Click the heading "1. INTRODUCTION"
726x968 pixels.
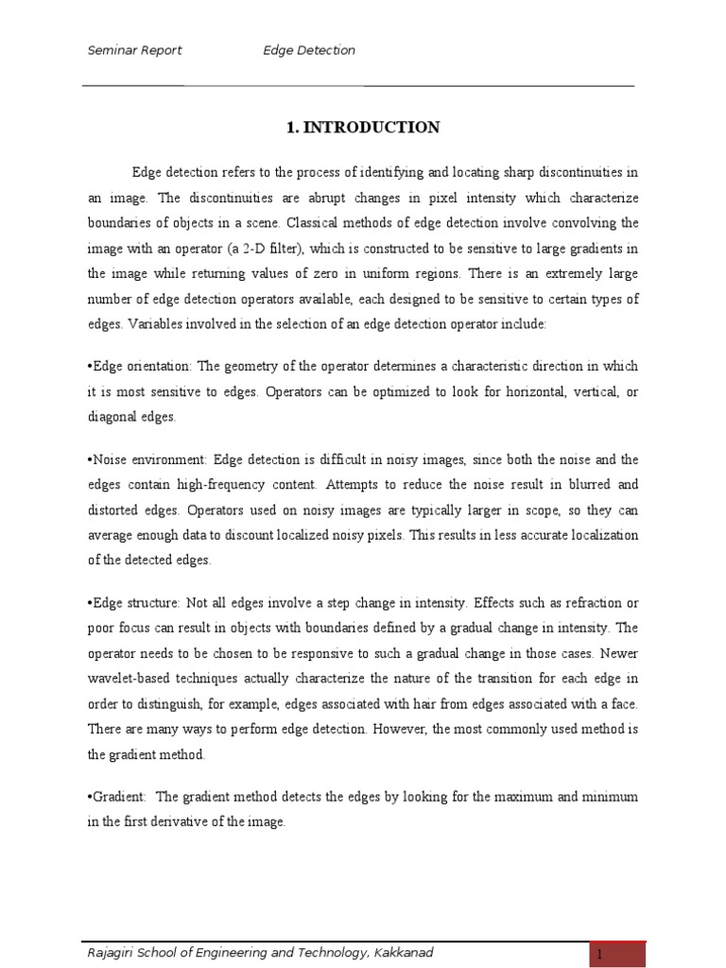(362, 128)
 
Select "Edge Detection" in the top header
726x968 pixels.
(309, 50)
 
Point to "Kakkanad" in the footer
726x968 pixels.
(403, 953)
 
